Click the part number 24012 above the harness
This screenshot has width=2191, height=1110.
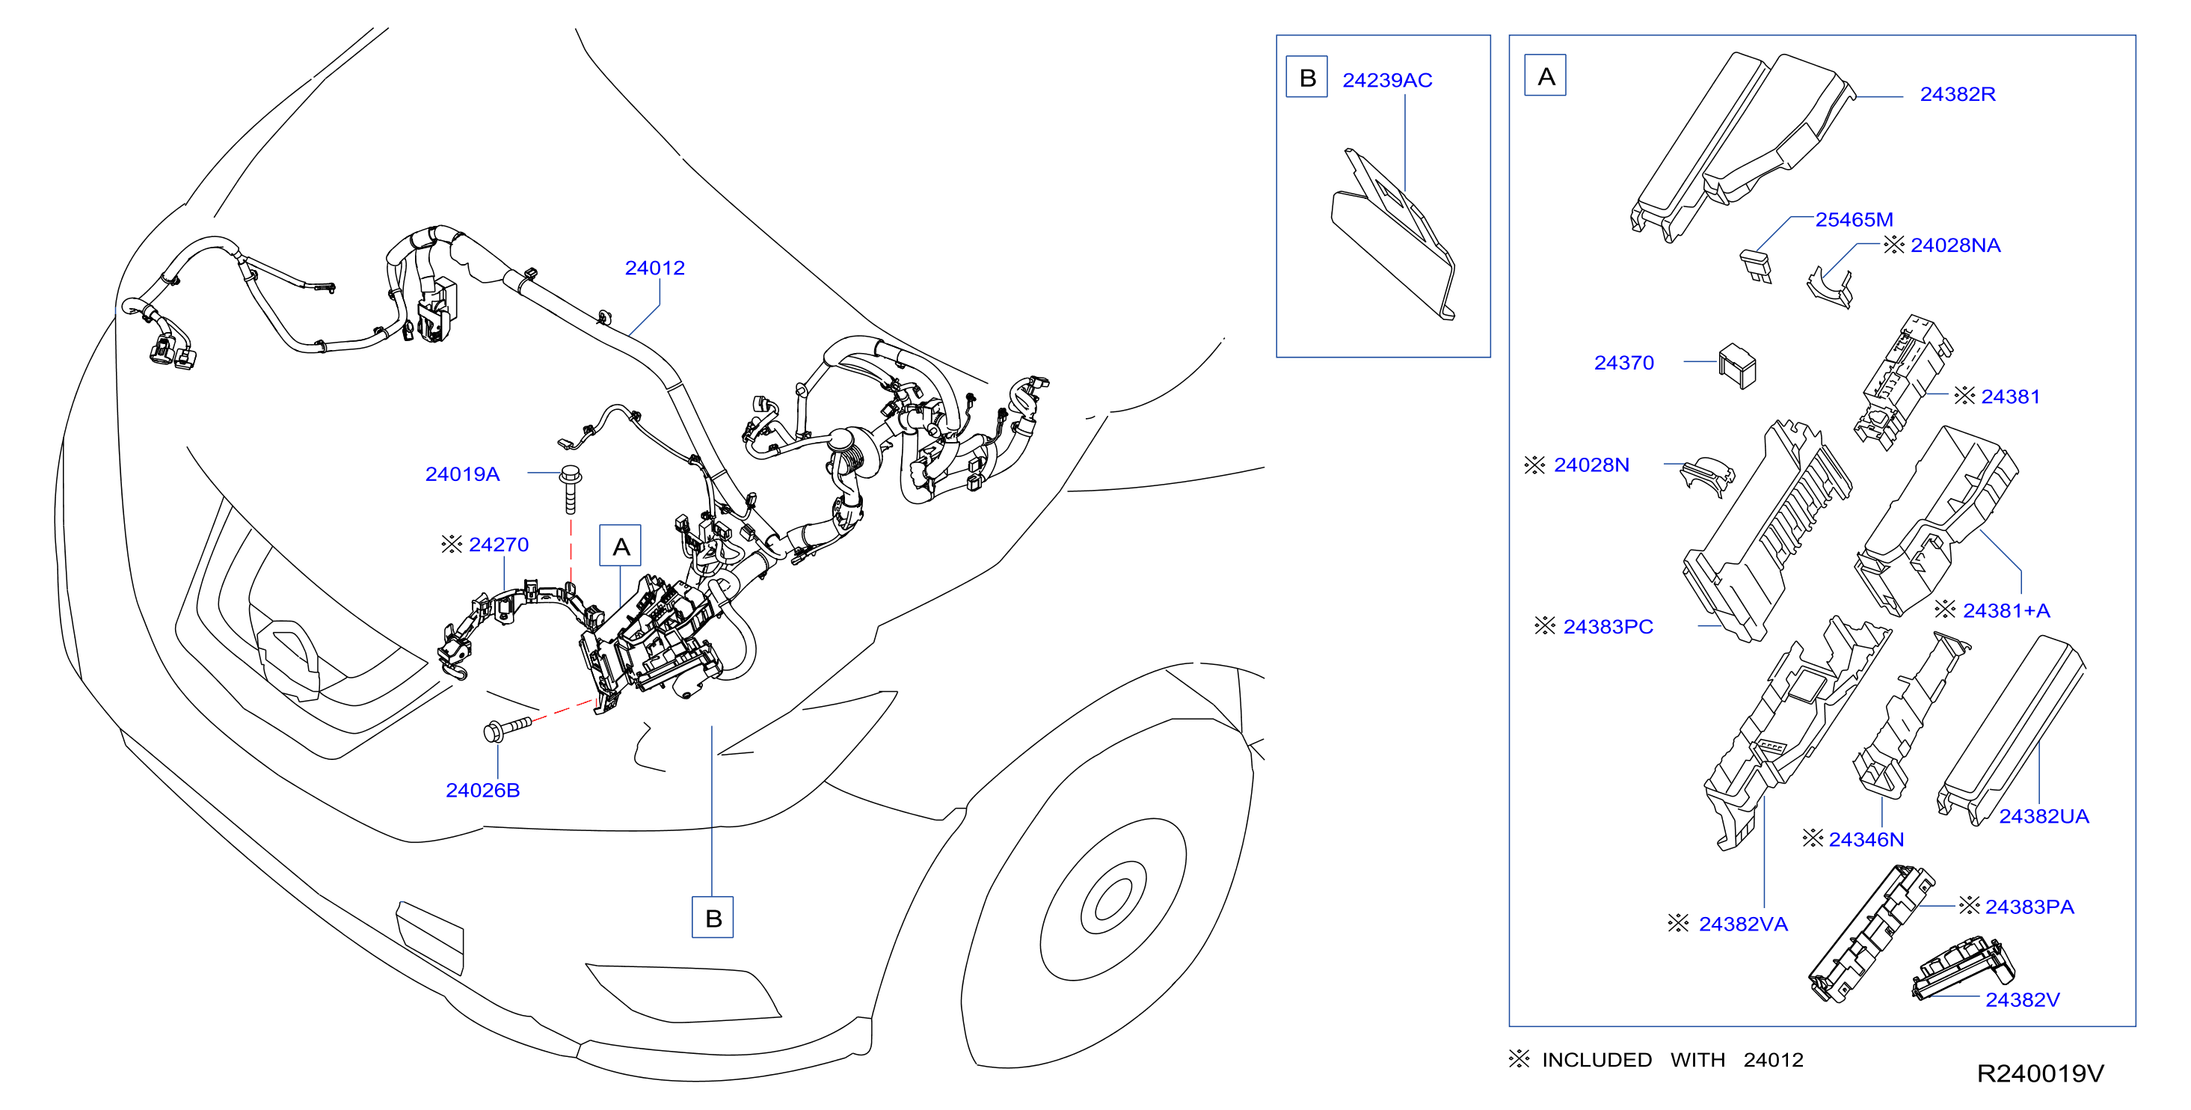(655, 268)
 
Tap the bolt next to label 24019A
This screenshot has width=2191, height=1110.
(571, 489)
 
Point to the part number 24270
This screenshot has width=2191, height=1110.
(499, 545)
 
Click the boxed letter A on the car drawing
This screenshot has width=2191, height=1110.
(621, 546)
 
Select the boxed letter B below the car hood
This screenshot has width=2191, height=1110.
(713, 918)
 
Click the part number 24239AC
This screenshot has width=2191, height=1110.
(1387, 80)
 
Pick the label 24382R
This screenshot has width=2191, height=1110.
(1957, 94)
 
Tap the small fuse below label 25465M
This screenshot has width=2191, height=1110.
(1757, 266)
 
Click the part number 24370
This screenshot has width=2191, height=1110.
(1623, 362)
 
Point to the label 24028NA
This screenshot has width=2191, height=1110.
(1955, 246)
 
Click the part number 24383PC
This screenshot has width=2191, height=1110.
(1608, 627)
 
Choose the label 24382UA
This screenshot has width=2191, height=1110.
(2043, 817)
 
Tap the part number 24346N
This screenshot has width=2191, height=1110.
(1866, 839)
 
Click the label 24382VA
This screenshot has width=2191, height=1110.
(1743, 924)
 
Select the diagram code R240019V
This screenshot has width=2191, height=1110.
(2040, 1073)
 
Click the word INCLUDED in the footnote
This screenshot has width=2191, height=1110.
(1597, 1060)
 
